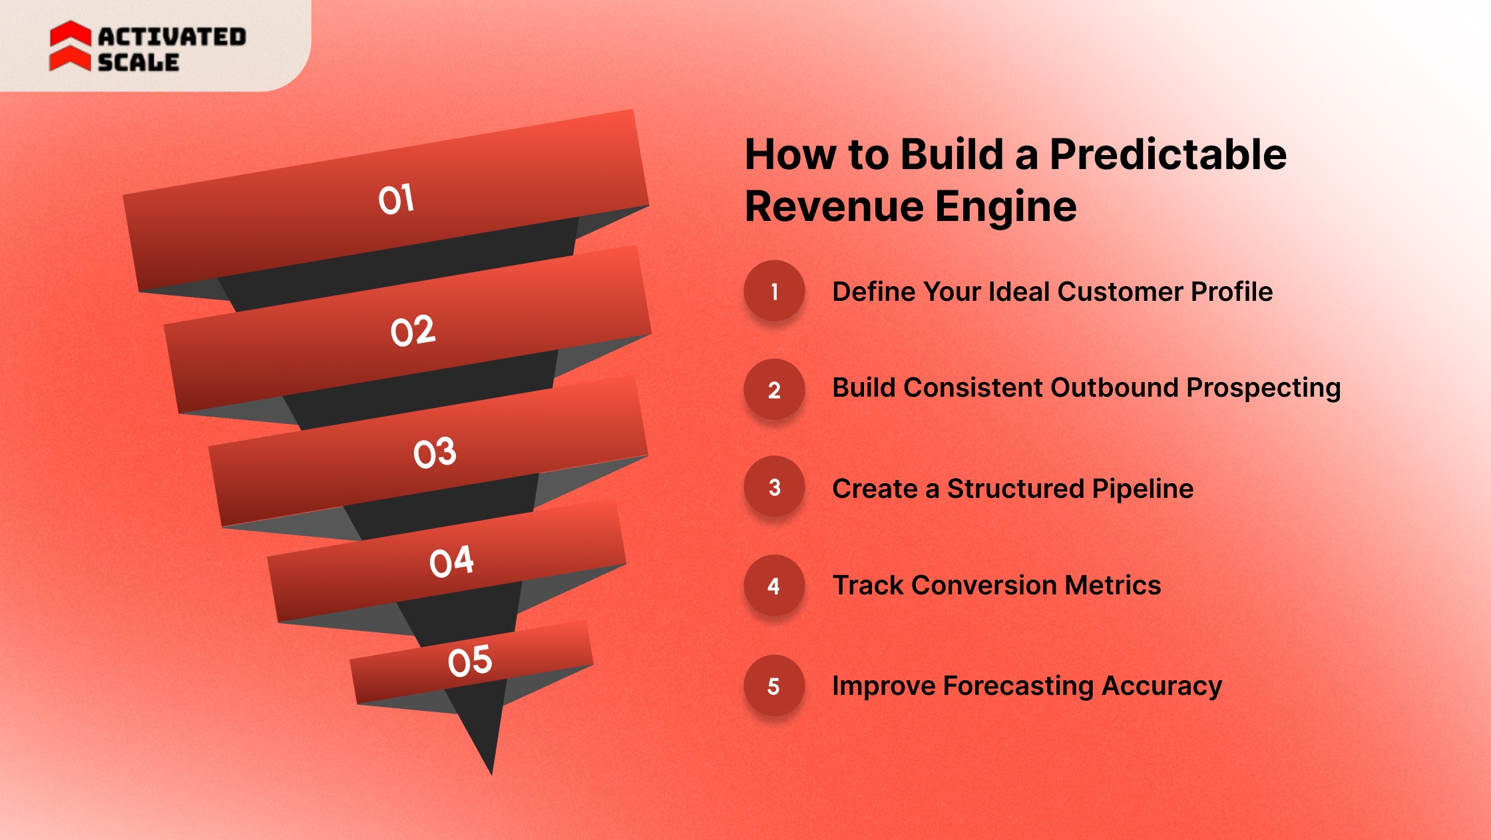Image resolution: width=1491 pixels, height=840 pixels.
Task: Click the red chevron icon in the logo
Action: [70, 46]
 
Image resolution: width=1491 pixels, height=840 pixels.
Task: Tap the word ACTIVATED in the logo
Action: [172, 37]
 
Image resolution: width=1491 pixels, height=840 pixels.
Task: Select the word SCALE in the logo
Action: [138, 63]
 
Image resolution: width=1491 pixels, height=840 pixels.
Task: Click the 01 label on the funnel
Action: [397, 199]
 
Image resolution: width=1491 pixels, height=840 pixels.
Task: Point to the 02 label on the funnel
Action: [413, 331]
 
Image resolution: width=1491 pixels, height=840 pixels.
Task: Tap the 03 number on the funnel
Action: [435, 453]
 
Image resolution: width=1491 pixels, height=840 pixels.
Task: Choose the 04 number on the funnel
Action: [451, 562]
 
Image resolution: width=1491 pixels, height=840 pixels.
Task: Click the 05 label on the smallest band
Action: [470, 661]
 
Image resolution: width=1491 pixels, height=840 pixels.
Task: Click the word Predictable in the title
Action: [1168, 154]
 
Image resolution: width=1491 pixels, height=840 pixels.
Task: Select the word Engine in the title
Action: [1006, 206]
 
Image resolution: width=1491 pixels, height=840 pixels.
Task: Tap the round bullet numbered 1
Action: [774, 291]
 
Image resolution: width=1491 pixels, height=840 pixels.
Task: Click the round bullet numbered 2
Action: [774, 389]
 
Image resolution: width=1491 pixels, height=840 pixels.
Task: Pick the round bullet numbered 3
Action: [774, 487]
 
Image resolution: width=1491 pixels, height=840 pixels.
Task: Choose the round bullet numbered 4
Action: [774, 586]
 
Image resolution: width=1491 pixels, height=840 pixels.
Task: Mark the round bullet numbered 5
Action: [774, 686]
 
